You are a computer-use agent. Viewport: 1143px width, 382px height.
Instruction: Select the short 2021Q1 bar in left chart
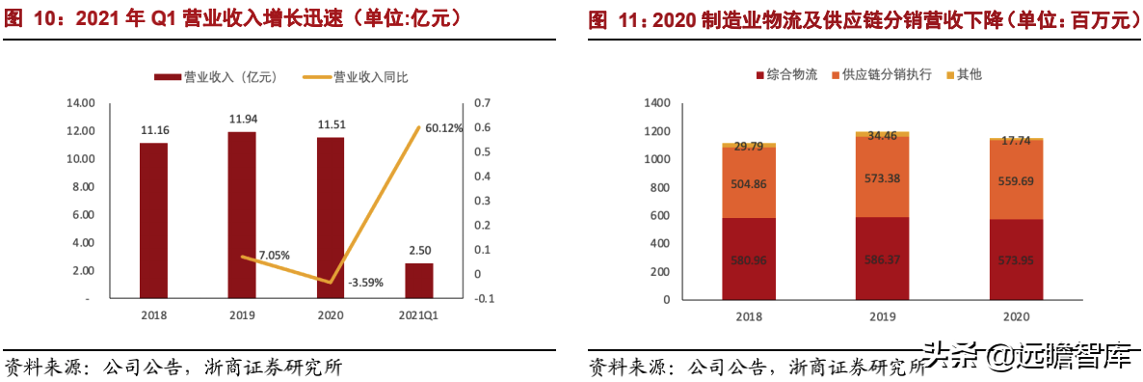click(x=418, y=281)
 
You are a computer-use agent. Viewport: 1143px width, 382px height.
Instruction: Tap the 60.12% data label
click(x=443, y=127)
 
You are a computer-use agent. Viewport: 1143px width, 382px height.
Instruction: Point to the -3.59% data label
click(x=364, y=283)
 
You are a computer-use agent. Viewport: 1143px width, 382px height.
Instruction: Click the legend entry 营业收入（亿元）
click(x=217, y=77)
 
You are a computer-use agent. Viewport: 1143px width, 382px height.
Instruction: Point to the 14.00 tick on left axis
click(x=80, y=102)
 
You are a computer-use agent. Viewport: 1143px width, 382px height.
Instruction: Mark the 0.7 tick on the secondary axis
click(x=482, y=102)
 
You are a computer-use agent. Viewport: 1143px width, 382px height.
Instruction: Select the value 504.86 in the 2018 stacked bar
click(x=750, y=183)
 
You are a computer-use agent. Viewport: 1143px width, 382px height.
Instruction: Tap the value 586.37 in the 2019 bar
click(x=882, y=259)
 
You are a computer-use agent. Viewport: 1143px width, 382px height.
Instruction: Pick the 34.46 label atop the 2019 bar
click(x=882, y=136)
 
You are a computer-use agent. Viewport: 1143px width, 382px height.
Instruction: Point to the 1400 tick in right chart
click(x=655, y=102)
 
